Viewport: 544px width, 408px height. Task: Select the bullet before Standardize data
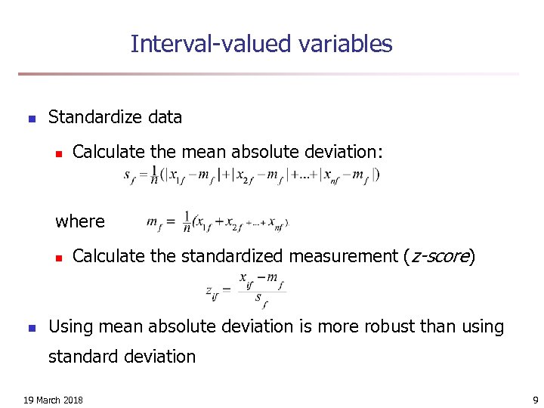[x=31, y=119]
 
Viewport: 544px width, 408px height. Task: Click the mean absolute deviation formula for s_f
[x=251, y=175]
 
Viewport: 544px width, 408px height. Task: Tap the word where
[x=80, y=221]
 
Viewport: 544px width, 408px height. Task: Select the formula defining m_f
[x=218, y=223]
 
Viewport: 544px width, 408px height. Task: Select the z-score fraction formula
[x=246, y=290]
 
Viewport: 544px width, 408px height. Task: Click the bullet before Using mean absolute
[x=31, y=328]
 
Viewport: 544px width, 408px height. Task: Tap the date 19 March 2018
[x=53, y=400]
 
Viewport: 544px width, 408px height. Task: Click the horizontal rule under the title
[x=268, y=74]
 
